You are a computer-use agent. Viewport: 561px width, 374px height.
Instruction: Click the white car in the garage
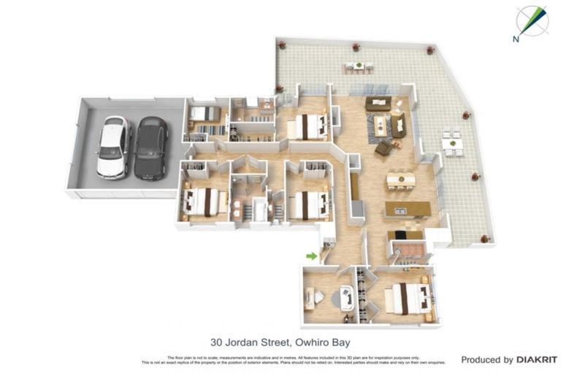pos(112,148)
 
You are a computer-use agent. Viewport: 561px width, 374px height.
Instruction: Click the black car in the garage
pos(151,148)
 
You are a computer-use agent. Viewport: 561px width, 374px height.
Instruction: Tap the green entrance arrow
pos(311,256)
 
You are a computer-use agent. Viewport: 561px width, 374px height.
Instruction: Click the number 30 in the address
pos(216,342)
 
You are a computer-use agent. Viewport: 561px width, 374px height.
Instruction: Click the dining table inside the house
pos(400,179)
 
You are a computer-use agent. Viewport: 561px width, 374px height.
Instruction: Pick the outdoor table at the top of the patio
pos(357,66)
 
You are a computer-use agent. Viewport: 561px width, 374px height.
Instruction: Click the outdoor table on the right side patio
pos(453,143)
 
